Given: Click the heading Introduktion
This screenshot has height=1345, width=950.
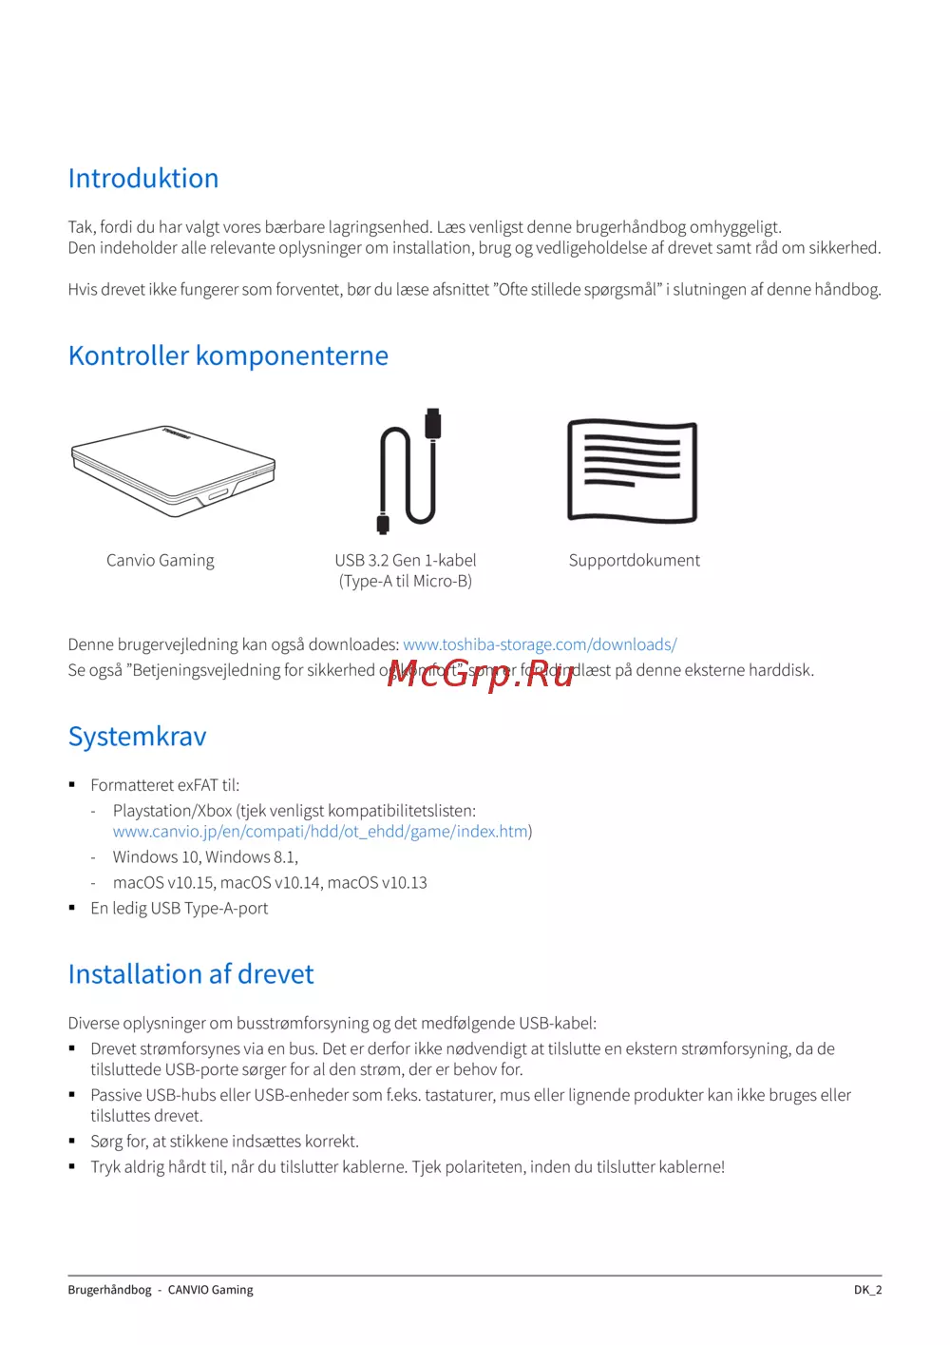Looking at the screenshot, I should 143,179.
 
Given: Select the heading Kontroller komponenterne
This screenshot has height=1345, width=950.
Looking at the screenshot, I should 228,355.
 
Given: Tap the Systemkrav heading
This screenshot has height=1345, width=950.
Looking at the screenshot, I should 137,737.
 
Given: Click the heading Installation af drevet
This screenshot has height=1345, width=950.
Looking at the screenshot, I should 191,974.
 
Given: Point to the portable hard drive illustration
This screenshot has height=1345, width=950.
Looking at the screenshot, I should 173,471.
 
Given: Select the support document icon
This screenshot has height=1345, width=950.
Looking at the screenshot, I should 632,471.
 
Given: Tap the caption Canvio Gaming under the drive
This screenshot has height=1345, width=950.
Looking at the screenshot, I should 161,561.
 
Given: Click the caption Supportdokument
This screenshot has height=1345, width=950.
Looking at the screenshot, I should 634,561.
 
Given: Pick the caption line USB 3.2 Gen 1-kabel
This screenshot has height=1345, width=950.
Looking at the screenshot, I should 406,561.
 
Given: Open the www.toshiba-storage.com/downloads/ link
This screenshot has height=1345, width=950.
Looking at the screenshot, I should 540,644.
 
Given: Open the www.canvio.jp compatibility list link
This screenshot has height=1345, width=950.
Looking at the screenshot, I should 320,832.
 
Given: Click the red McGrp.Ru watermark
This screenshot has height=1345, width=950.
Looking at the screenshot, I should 481,674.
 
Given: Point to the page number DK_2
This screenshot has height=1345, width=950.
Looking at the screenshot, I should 867,1290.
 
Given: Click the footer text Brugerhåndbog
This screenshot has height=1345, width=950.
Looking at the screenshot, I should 109,1290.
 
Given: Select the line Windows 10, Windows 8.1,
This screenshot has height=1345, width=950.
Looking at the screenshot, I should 205,857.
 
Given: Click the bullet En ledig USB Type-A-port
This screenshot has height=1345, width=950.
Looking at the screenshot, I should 180,909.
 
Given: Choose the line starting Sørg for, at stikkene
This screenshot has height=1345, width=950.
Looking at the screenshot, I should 224,1142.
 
